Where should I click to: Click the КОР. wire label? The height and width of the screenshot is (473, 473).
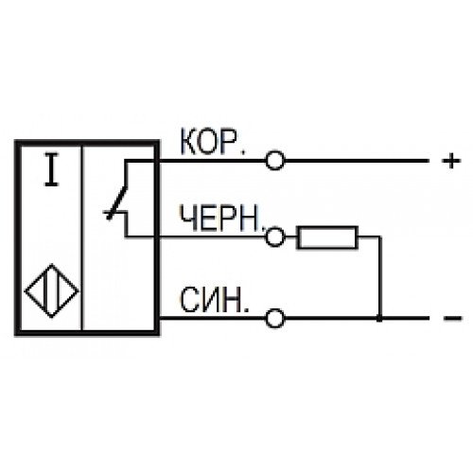click(212, 142)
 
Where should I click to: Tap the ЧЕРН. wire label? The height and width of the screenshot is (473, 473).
click(221, 218)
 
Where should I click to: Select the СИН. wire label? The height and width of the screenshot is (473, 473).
click(214, 300)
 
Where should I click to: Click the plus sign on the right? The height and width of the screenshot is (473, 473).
click(451, 161)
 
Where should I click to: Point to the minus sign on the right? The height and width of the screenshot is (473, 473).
click(452, 318)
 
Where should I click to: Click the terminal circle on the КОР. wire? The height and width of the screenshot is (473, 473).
click(275, 161)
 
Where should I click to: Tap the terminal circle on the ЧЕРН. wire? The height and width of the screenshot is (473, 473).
click(275, 236)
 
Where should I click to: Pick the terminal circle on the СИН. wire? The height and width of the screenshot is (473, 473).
click(275, 319)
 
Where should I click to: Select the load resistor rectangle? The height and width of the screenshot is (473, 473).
click(327, 237)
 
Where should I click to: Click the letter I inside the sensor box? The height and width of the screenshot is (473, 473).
click(52, 169)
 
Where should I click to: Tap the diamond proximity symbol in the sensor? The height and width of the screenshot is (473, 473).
click(52, 290)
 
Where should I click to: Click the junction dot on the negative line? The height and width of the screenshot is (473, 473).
click(379, 319)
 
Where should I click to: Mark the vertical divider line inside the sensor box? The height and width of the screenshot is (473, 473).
click(82, 237)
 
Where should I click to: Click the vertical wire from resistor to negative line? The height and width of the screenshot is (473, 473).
click(380, 277)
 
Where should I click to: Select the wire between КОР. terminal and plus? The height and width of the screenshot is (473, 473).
click(357, 161)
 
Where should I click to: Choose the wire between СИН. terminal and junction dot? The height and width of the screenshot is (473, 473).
click(331, 319)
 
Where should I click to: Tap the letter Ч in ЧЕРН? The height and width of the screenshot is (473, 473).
click(187, 218)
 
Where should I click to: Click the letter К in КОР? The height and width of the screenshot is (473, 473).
click(189, 142)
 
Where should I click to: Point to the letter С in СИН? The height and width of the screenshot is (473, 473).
click(190, 300)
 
